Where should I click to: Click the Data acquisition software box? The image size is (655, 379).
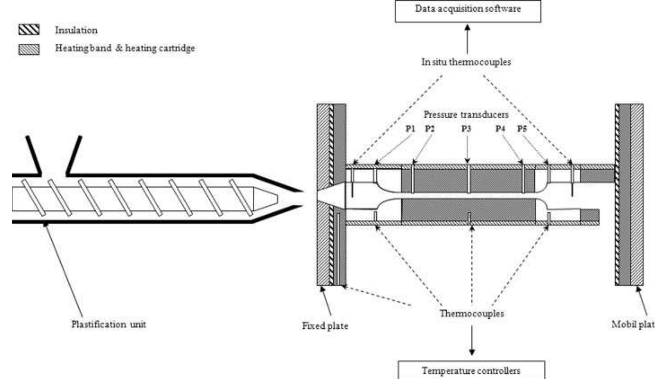tap(468, 11)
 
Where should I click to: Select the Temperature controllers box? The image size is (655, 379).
tap(471, 370)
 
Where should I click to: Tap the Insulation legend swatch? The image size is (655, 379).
tap(29, 30)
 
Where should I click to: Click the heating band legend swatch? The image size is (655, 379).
tap(29, 49)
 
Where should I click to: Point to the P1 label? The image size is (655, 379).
tap(410, 129)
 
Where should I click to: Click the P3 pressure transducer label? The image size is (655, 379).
tap(466, 129)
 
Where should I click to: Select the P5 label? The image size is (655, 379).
tap(522, 129)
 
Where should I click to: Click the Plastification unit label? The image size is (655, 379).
tap(108, 324)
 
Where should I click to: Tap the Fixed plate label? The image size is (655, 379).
tap(325, 326)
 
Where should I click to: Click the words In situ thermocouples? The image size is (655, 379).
tap(466, 62)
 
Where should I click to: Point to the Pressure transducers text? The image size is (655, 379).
tap(466, 115)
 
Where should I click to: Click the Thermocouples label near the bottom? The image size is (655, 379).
tap(471, 313)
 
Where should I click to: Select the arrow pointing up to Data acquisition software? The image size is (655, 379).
tap(467, 39)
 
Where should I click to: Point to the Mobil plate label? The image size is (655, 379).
tap(633, 324)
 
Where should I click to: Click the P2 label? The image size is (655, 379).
tap(429, 129)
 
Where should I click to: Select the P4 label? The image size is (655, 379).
tap(500, 129)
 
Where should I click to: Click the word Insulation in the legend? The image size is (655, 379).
tap(76, 30)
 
